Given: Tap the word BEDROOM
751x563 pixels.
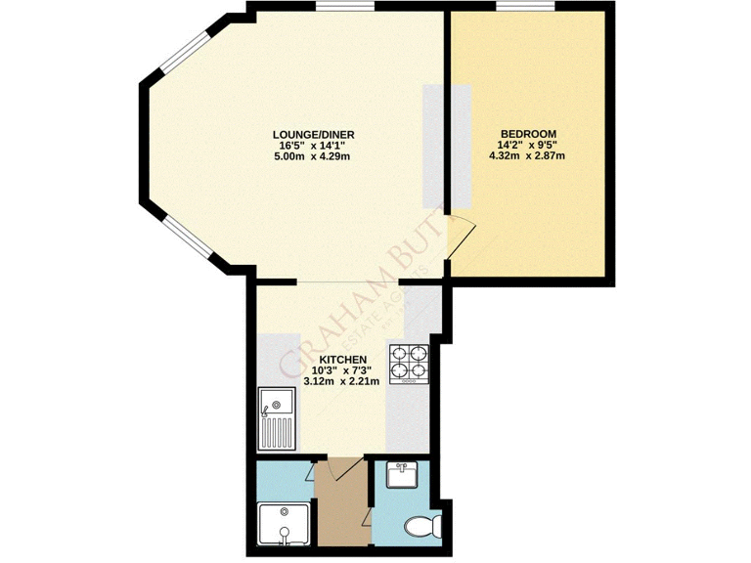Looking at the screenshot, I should click(528, 134).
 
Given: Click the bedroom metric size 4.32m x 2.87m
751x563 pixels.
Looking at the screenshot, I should click(528, 156).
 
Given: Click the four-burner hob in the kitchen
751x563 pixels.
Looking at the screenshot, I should click(409, 363).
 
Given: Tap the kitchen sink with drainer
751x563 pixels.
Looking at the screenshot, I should click(276, 414).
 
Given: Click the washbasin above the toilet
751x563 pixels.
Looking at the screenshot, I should click(402, 476).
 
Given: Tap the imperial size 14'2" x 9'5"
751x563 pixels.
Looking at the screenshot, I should click(528, 146).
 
